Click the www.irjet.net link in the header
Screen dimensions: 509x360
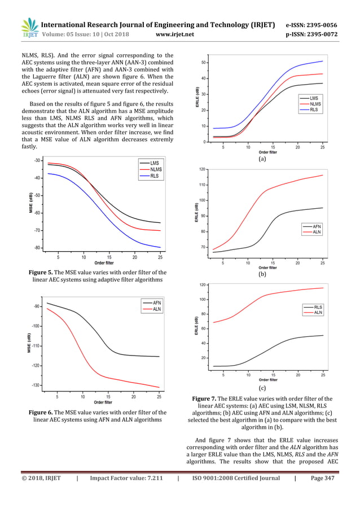point(177,33)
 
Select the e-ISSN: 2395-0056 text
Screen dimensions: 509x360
point(311,25)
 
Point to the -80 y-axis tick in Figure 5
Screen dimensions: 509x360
point(37,248)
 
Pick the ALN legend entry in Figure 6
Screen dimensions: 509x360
point(156,309)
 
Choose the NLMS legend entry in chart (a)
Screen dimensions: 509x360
point(314,104)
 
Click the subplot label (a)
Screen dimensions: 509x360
point(262,160)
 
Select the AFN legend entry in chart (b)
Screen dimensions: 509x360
point(317,226)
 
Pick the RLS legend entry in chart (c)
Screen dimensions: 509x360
point(318,307)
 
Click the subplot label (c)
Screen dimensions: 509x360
point(262,389)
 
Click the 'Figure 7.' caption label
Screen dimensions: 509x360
point(209,399)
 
